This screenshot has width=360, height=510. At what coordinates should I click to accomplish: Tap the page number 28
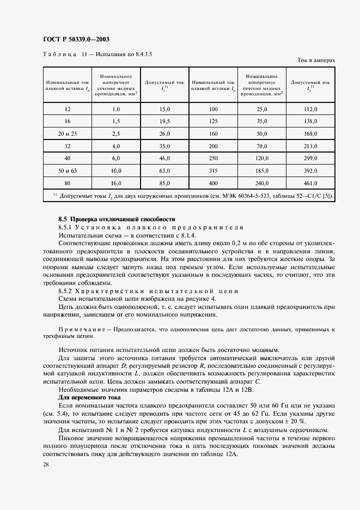(46, 465)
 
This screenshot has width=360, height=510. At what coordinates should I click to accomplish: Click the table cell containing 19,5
(164, 120)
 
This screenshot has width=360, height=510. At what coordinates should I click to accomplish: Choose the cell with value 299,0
(310, 159)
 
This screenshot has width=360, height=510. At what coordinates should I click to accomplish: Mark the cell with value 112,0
(310, 109)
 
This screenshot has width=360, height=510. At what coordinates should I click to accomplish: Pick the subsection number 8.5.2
(68, 292)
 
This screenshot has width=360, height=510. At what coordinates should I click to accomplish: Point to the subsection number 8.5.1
(68, 226)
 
